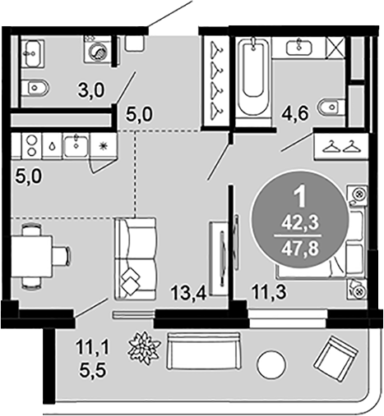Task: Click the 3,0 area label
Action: pyautogui.click(x=91, y=90)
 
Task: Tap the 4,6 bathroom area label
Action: pyautogui.click(x=296, y=113)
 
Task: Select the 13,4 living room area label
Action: pyautogui.click(x=188, y=293)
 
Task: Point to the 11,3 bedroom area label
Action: pyautogui.click(x=270, y=292)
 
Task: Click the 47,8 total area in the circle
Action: pyautogui.click(x=301, y=249)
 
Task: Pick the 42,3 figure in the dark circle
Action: pyautogui.click(x=301, y=223)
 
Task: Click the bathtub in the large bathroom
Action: pyautogui.click(x=253, y=81)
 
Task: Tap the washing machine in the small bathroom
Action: pyautogui.click(x=98, y=50)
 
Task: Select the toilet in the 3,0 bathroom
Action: pyautogui.click(x=35, y=88)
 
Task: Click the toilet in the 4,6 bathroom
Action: pyautogui.click(x=331, y=107)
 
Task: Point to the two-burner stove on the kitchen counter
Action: pyautogui.click(x=31, y=145)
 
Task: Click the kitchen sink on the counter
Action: pyautogui.click(x=76, y=145)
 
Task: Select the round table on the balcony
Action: pyautogui.click(x=271, y=365)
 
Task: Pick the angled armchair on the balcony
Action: pyautogui.click(x=336, y=359)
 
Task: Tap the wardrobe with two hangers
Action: pyautogui.click(x=341, y=146)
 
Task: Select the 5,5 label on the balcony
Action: pyautogui.click(x=93, y=371)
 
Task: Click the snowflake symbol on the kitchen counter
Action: pyautogui.click(x=103, y=146)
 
